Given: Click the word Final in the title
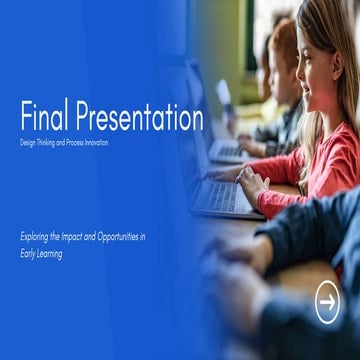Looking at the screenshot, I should click(44, 117).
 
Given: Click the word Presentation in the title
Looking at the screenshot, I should click(139, 117).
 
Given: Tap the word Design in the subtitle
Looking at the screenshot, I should click(28, 143).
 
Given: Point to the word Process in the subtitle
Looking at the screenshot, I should click(77, 143).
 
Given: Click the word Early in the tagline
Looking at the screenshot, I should click(29, 254).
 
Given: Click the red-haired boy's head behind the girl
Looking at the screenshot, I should click(282, 50).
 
